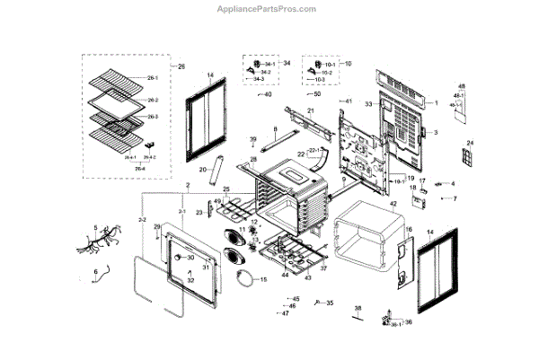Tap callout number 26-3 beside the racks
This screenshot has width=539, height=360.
pos(153,118)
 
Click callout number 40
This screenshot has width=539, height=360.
pos(267,94)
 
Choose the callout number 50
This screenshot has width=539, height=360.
pos(315,93)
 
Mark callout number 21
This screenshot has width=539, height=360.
pos(310,110)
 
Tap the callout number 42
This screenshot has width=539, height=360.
pos(393,205)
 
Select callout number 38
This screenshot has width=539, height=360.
pos(358,309)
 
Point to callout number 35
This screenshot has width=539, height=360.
pos(330,303)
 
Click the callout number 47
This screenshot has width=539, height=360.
pos(285,313)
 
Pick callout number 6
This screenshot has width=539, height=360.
pos(95,271)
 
